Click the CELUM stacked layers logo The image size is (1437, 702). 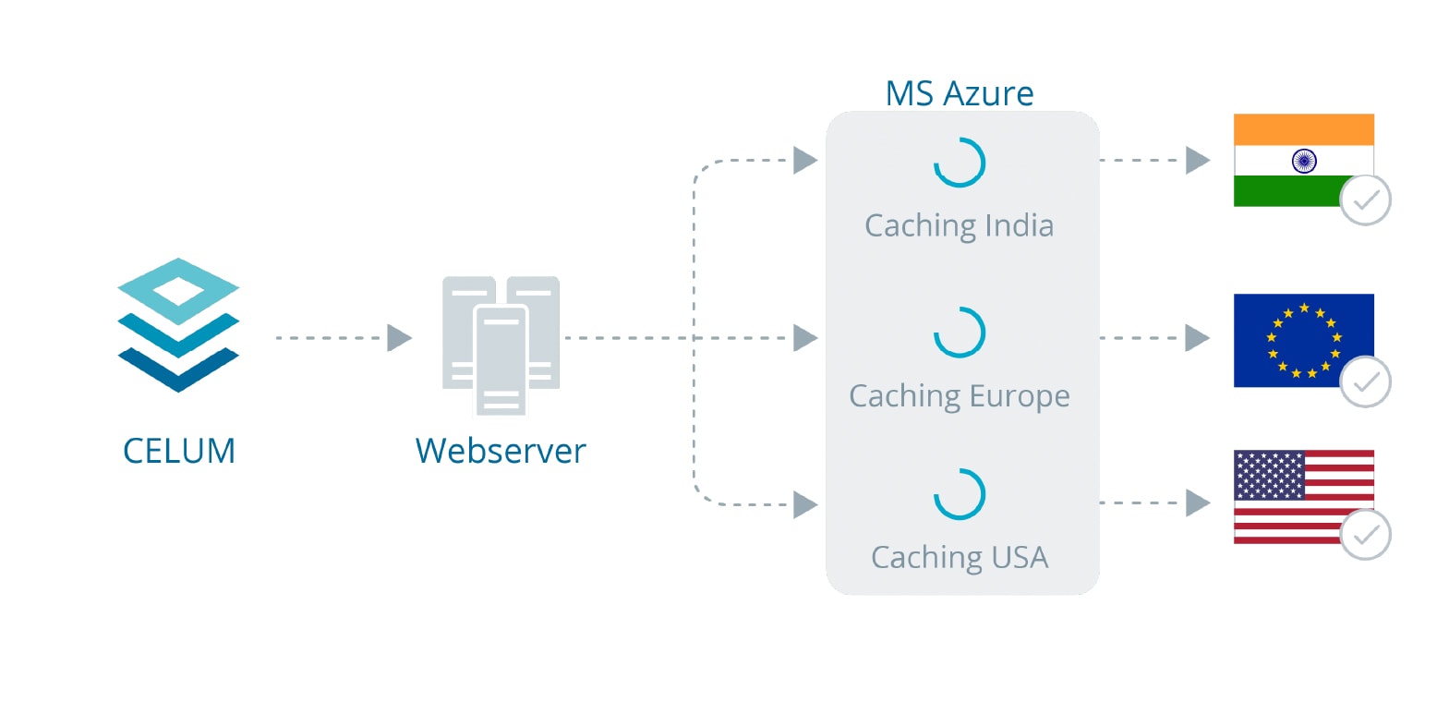coord(178,324)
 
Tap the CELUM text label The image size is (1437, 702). coord(179,451)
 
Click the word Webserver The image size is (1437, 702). coord(501,451)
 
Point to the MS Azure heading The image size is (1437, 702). coord(960,93)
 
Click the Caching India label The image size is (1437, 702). coord(960,225)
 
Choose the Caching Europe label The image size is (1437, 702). coord(960,395)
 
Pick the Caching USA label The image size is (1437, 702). coord(960,557)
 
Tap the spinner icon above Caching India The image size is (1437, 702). coord(960,163)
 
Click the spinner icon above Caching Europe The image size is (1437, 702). coord(960,333)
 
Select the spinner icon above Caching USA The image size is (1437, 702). coord(960,495)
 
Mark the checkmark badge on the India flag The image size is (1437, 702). coord(1365,200)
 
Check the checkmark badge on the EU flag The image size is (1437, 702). coord(1365,381)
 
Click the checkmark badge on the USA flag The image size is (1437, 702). coord(1365,535)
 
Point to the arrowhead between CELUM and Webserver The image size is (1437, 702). coord(399,338)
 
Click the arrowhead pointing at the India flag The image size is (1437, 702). coord(1198,160)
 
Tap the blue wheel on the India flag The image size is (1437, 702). coord(1303,161)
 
